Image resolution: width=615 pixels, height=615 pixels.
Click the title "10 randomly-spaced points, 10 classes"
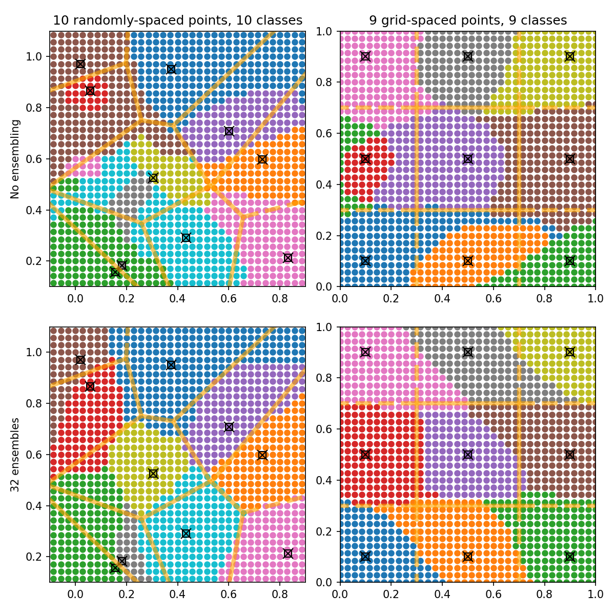coord(178,20)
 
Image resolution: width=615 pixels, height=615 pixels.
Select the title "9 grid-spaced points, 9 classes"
coord(468,20)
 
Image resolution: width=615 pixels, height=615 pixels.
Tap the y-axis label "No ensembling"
coord(15,159)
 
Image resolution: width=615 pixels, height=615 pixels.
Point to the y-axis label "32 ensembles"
coord(15,455)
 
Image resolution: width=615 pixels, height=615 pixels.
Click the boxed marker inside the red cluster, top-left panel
coord(90,91)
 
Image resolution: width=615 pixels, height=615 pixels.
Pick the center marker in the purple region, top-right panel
coord(467,159)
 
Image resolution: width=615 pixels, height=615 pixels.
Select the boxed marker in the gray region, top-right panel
coord(467,56)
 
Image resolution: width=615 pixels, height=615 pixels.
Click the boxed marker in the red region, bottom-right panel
coord(365,455)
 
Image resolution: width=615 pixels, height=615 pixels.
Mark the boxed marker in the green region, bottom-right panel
coord(569,557)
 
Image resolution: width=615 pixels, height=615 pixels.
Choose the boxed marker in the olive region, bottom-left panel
coord(153,474)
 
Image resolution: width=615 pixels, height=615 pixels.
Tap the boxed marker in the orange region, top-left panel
coord(262,159)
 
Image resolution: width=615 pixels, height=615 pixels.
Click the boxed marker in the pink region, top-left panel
coord(288,258)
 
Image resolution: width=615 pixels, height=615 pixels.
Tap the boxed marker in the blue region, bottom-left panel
coord(171,365)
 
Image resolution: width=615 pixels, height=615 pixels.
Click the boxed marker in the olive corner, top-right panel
coord(569,56)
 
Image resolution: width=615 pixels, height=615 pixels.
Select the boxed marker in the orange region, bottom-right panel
coord(467,557)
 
